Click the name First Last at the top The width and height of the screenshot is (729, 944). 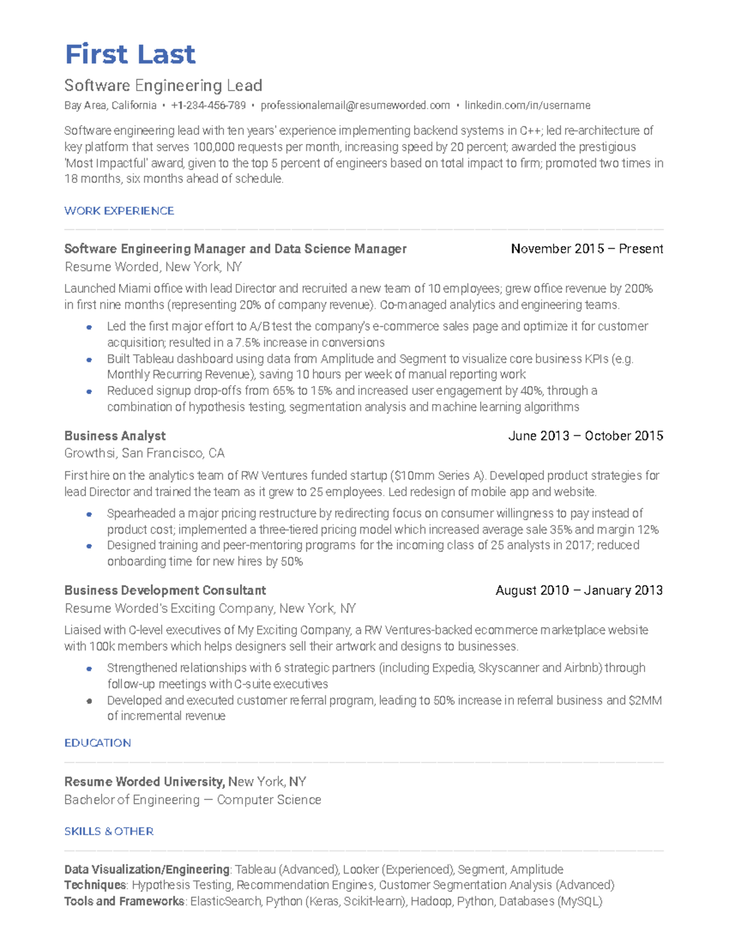coord(130,54)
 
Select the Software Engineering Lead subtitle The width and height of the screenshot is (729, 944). coord(163,86)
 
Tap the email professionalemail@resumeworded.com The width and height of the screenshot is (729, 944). coord(355,106)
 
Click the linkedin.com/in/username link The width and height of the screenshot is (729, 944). coord(527,106)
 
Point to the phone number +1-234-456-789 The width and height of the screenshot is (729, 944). coord(208,106)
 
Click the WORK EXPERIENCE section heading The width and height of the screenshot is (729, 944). coord(119,211)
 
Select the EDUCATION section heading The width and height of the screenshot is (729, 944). coord(97,743)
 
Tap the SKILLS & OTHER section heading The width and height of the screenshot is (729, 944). coord(109,832)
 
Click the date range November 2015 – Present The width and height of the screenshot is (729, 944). coord(586,249)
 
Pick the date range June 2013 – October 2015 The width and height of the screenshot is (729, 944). coord(585,436)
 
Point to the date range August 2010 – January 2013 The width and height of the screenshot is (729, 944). coord(578,590)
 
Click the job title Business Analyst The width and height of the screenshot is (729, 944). coord(115,436)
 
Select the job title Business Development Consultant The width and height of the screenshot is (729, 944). coord(165,590)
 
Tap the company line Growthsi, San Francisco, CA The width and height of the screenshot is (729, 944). coord(145,453)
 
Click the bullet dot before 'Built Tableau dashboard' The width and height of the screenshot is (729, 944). coord(89,359)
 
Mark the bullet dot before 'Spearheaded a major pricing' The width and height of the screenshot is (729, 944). coord(89,514)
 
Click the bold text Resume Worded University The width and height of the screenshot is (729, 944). coord(144,782)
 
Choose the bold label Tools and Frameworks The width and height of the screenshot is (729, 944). coord(124,901)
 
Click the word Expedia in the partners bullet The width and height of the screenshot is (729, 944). coord(452,668)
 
